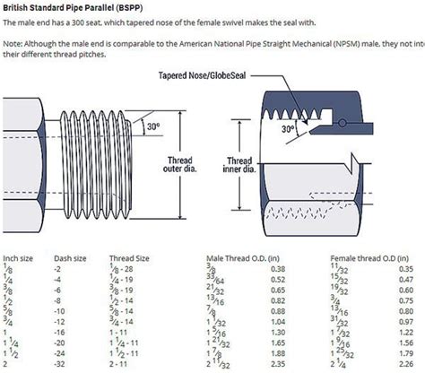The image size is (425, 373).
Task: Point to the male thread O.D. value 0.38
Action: [x=277, y=268]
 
